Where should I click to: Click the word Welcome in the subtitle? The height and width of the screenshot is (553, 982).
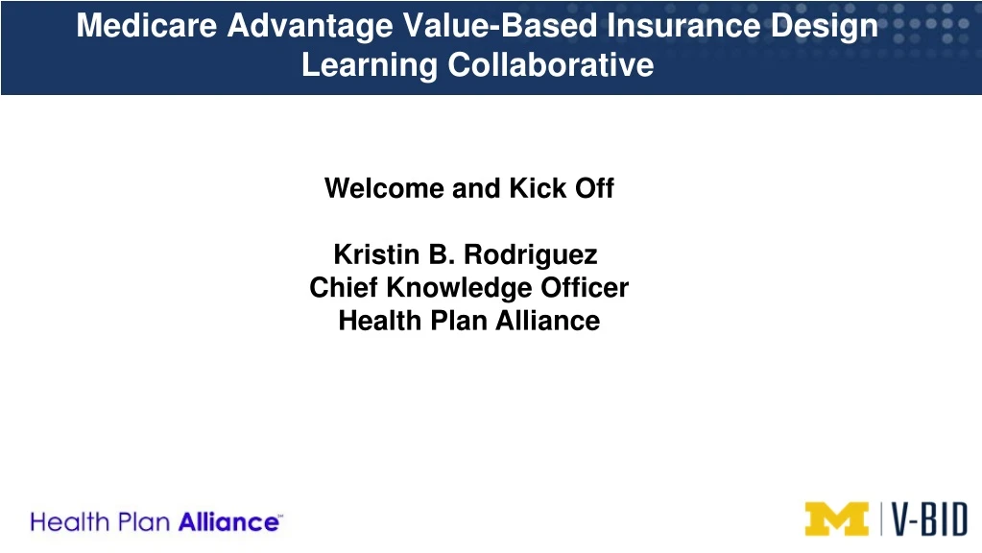pyautogui.click(x=384, y=188)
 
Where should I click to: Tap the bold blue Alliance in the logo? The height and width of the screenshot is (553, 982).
pyautogui.click(x=230, y=523)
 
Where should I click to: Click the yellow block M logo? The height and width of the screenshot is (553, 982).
pyautogui.click(x=836, y=519)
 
